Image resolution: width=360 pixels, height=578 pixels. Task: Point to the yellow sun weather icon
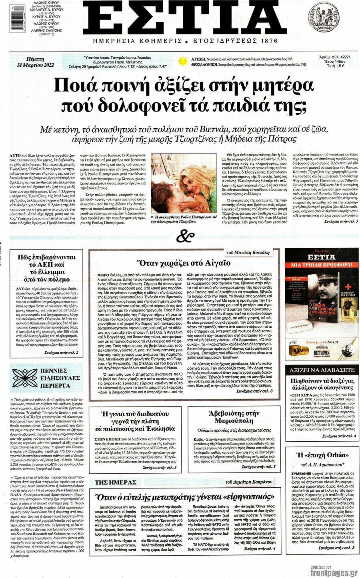(x=183, y=61)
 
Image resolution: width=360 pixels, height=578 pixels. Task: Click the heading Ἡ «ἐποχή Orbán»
(x=322, y=455)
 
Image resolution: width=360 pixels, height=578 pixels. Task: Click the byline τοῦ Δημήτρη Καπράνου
(x=249, y=482)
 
